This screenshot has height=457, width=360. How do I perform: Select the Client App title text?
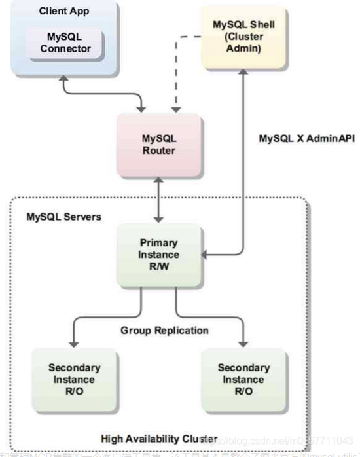click(64, 11)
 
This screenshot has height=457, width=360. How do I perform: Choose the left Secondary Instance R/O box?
click(74, 378)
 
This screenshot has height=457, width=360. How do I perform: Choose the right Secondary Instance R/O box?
click(243, 378)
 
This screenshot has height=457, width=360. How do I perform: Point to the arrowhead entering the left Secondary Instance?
click(75, 344)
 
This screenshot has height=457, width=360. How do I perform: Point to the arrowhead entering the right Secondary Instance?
click(243, 344)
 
